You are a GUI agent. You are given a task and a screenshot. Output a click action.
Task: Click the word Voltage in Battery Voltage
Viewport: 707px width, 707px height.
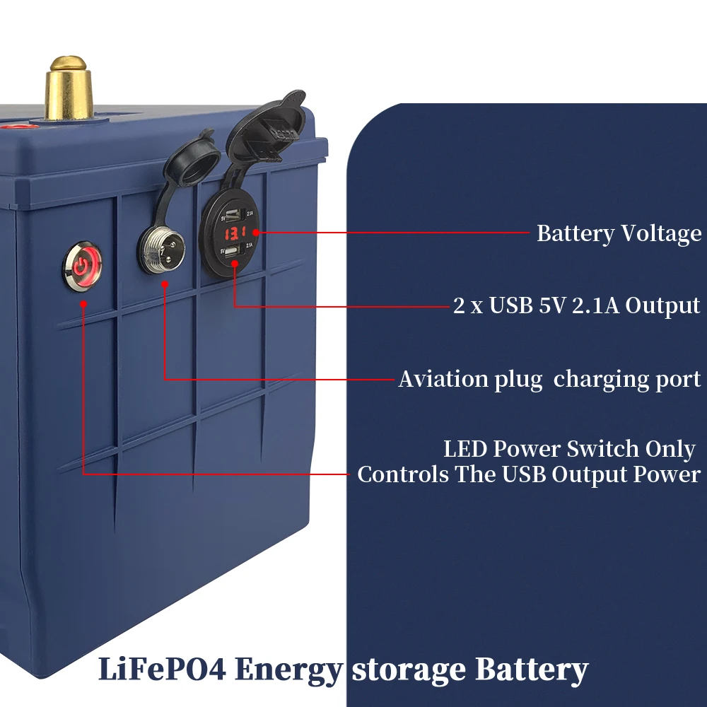661,233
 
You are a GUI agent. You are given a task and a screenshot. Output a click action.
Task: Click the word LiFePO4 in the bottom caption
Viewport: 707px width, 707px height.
162,669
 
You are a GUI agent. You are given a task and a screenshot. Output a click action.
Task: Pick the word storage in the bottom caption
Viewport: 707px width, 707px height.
409,669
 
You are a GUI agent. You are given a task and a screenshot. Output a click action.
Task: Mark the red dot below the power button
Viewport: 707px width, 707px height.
83,304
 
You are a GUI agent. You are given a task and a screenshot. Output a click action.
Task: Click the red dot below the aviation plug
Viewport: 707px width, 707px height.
164,284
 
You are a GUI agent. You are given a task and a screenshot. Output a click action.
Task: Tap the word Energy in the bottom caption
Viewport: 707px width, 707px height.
289,669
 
